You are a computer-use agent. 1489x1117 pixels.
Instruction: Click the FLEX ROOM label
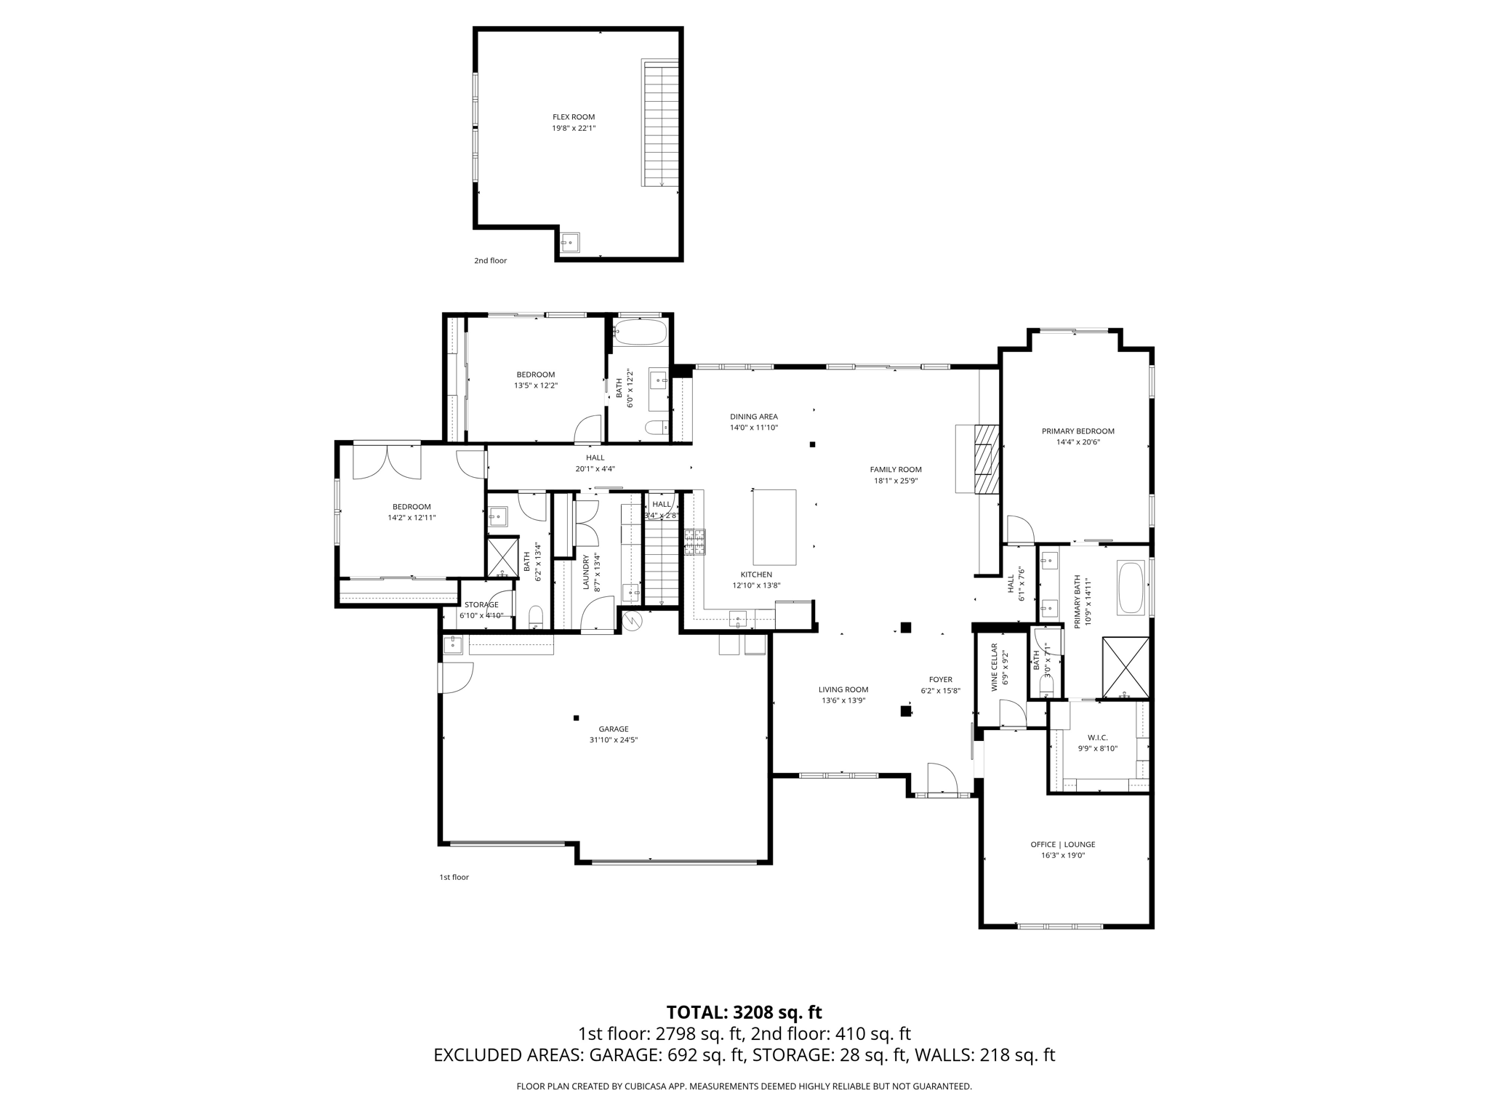click(573, 117)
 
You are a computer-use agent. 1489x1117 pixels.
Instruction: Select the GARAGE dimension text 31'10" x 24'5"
click(613, 740)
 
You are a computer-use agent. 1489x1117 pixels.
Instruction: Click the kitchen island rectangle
click(774, 527)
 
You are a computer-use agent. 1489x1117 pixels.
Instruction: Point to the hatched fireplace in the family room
click(987, 460)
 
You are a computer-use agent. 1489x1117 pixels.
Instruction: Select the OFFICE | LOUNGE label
click(1062, 844)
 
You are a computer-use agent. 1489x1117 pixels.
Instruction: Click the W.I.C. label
click(1097, 737)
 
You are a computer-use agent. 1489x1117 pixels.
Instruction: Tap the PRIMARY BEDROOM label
click(1077, 431)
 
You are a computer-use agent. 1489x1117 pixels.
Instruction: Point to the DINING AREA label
click(753, 417)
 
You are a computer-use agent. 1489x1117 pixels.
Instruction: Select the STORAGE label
click(481, 604)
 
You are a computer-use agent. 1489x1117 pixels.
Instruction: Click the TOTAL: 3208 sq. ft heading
click(744, 1012)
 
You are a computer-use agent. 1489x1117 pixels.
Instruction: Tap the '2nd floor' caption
click(490, 260)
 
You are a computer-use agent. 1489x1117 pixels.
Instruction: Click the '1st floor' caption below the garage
click(454, 877)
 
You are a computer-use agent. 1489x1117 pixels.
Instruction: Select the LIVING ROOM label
click(843, 689)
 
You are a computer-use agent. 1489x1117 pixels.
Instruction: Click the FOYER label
click(940, 680)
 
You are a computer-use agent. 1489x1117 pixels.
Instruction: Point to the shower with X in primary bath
click(1125, 668)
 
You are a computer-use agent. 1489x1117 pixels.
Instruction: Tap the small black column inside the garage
click(576, 718)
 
